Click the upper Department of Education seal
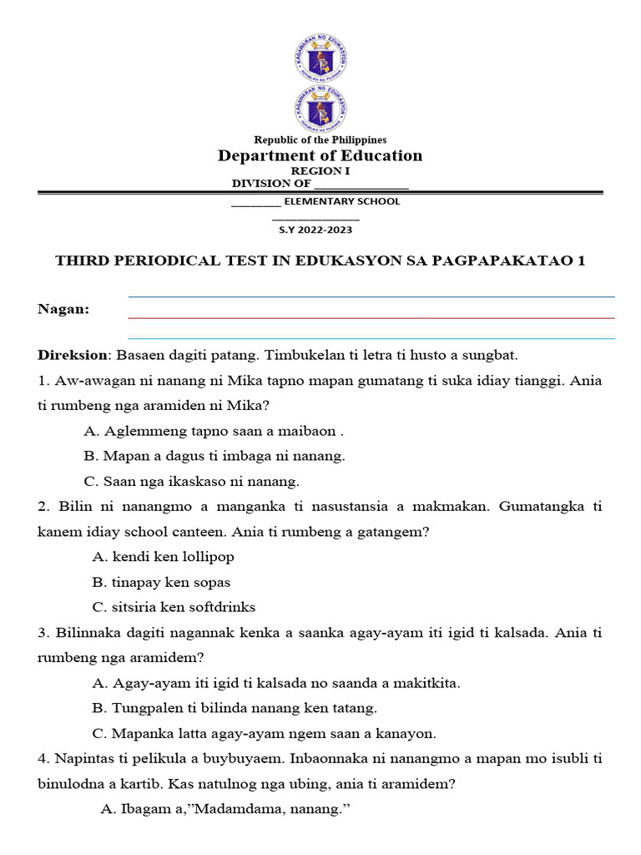click(x=321, y=58)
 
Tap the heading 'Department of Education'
click(x=320, y=156)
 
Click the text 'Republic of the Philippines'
click(x=320, y=139)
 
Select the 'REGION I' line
click(x=320, y=170)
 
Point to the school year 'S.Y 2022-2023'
click(x=321, y=230)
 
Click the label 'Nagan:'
click(x=63, y=309)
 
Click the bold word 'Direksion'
click(x=72, y=355)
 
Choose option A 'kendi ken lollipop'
click(x=163, y=557)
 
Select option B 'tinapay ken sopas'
click(x=161, y=582)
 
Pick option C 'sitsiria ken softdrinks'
click(x=174, y=607)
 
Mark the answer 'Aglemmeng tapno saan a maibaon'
click(x=214, y=431)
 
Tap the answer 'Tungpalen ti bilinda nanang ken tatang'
click(x=235, y=708)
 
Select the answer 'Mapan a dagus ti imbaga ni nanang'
click(x=215, y=456)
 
